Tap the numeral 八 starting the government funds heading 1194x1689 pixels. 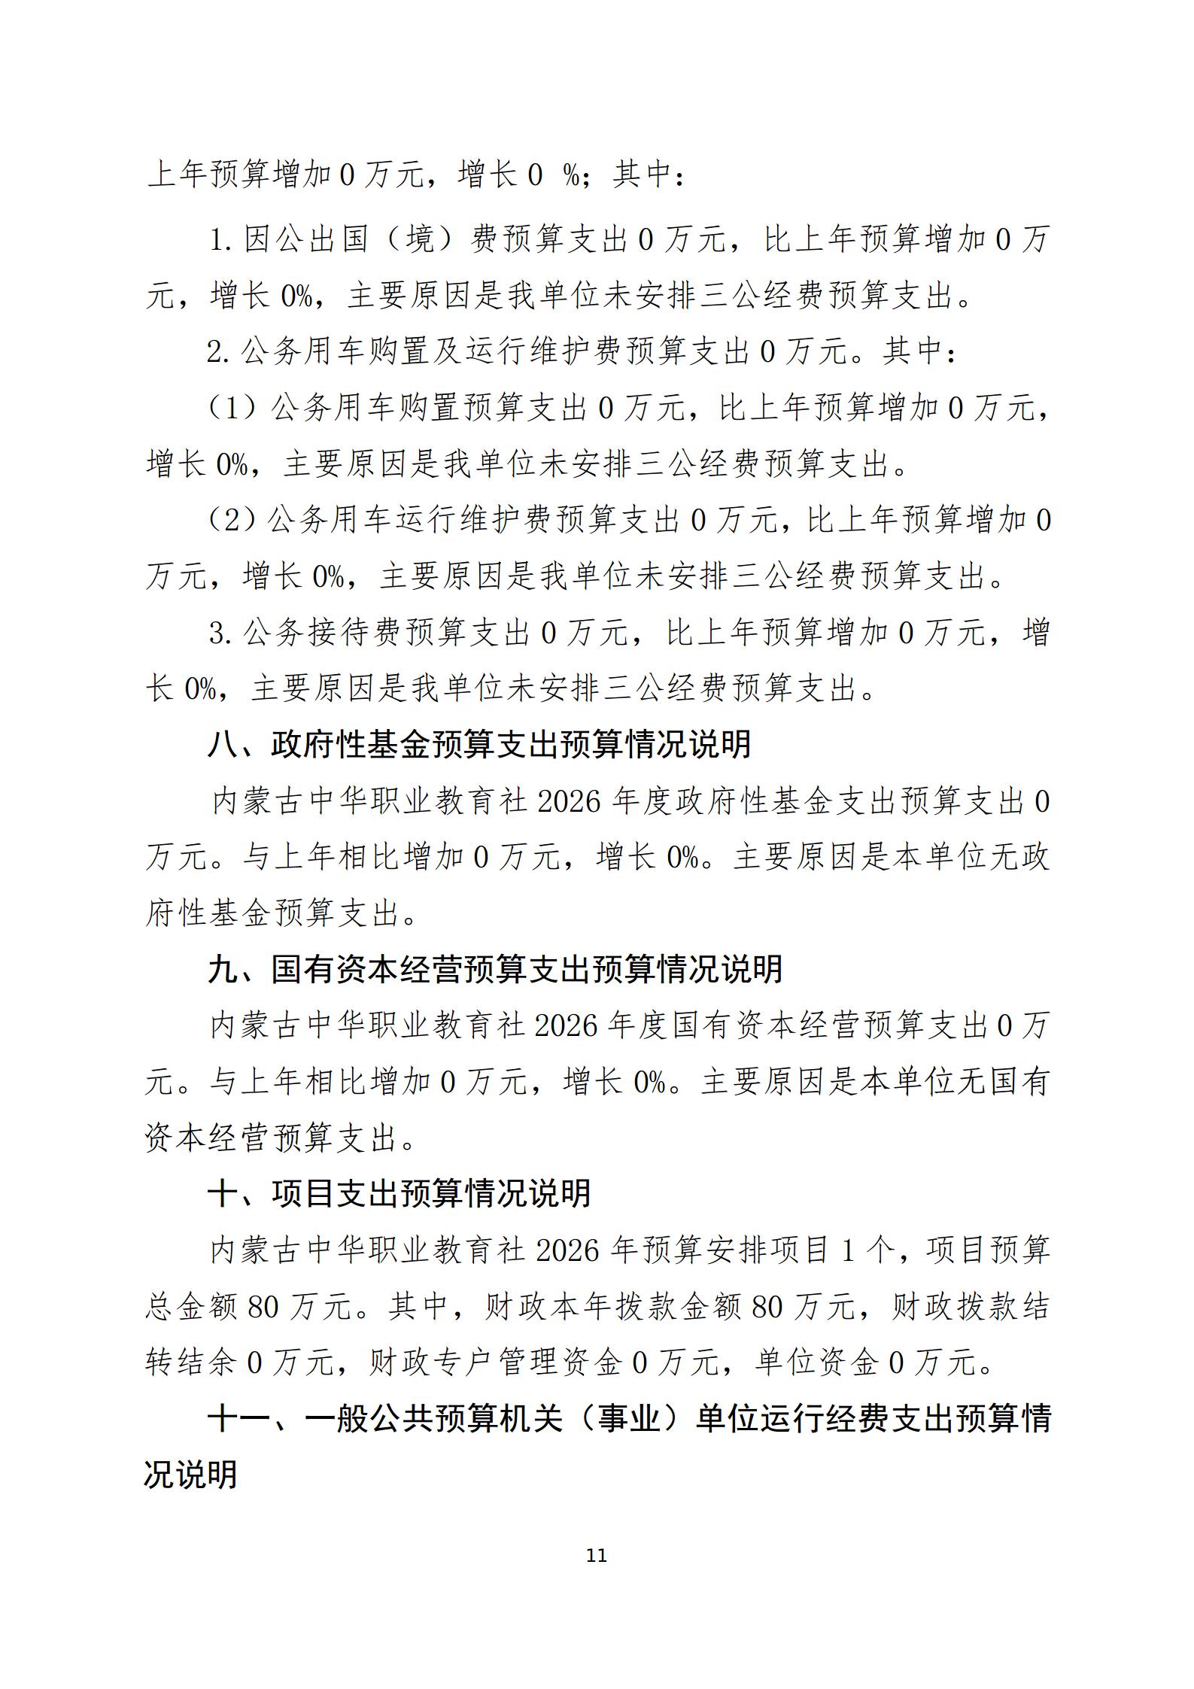[x=222, y=745]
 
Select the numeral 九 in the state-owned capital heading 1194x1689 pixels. [x=222, y=970]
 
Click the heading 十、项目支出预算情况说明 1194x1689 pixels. [x=399, y=1194]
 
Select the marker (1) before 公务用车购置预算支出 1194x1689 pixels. [x=232, y=409]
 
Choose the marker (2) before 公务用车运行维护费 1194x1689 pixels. [x=232, y=521]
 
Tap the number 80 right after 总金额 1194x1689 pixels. [x=263, y=1308]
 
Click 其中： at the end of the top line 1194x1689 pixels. [x=649, y=175]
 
